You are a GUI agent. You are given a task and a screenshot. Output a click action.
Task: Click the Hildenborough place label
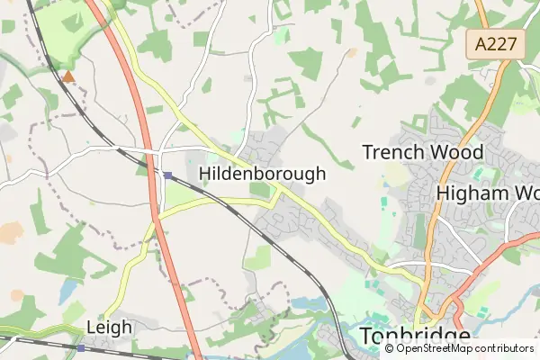click(262, 174)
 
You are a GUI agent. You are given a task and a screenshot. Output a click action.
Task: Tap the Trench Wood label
click(422, 152)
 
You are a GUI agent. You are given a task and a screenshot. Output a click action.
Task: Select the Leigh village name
click(109, 327)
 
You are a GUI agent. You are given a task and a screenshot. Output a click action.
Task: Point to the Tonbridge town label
click(414, 337)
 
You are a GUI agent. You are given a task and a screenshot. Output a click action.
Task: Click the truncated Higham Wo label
click(487, 193)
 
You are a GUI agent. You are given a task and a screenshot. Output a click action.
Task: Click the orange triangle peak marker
click(68, 76)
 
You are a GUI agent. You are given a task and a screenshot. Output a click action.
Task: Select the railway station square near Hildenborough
click(167, 175)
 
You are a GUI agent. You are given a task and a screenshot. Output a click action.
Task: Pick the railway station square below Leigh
click(81, 347)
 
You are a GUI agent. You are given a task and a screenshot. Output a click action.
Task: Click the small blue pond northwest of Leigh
click(68, 290)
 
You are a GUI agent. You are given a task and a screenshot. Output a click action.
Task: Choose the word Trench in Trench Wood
click(390, 152)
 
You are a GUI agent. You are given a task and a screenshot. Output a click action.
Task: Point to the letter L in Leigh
click(91, 327)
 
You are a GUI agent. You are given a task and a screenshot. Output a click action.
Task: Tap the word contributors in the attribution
click(500, 347)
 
